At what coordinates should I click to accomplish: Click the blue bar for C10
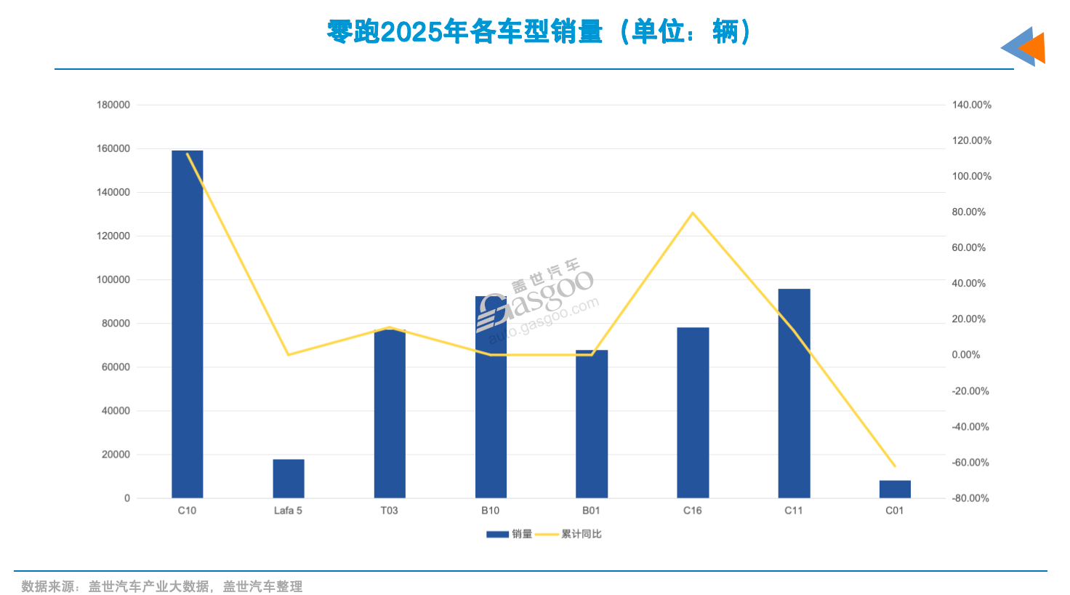point(187,324)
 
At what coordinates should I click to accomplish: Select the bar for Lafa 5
point(288,479)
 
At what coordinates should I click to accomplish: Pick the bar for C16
point(693,412)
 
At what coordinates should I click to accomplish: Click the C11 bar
point(794,394)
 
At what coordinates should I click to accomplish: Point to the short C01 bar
point(895,490)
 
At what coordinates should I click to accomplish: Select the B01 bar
point(592,424)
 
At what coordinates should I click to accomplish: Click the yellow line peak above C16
point(693,213)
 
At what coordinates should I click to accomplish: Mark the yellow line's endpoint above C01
point(895,466)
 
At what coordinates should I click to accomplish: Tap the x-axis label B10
point(491,511)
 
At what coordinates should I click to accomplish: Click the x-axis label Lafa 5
point(288,511)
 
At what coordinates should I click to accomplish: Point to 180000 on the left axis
point(113,105)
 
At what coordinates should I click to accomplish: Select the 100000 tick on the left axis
point(113,280)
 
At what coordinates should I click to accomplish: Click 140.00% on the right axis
point(971,105)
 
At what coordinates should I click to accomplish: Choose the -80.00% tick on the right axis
point(970,498)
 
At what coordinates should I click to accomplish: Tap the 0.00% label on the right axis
point(966,355)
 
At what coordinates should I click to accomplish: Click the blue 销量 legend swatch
point(497,535)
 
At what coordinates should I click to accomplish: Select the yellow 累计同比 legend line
point(547,535)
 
